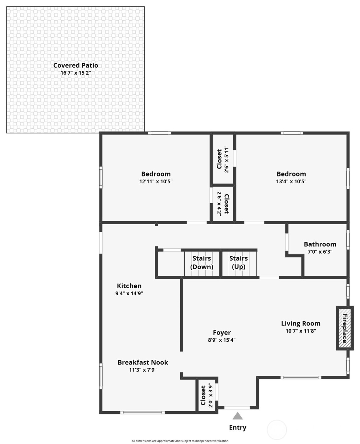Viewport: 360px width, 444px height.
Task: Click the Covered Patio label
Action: tap(76, 65)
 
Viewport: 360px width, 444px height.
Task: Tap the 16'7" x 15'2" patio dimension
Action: tap(76, 73)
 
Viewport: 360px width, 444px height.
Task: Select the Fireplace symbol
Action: tap(345, 328)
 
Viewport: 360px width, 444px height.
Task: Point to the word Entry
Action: tap(237, 427)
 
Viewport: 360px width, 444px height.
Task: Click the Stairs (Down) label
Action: tap(202, 262)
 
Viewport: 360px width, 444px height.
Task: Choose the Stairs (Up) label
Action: tap(239, 262)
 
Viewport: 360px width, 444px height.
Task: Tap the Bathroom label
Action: tap(320, 244)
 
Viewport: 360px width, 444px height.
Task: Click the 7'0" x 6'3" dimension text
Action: tap(320, 252)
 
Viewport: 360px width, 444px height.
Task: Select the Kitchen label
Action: tap(129, 286)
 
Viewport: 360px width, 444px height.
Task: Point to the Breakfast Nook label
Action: tap(143, 362)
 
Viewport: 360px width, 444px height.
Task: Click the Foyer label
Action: tap(222, 332)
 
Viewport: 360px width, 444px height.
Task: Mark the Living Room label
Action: tap(301, 323)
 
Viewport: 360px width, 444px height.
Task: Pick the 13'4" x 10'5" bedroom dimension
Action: tap(291, 181)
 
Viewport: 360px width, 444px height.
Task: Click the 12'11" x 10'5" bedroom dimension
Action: tap(156, 181)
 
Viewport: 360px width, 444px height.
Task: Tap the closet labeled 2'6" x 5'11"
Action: tap(223, 159)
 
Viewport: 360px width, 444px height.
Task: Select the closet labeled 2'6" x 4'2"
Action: tap(223, 204)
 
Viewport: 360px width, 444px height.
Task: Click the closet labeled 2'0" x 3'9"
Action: tap(207, 395)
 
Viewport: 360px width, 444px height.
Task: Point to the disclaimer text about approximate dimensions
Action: tap(180, 441)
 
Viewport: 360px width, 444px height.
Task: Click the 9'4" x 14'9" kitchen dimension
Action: tap(129, 293)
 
